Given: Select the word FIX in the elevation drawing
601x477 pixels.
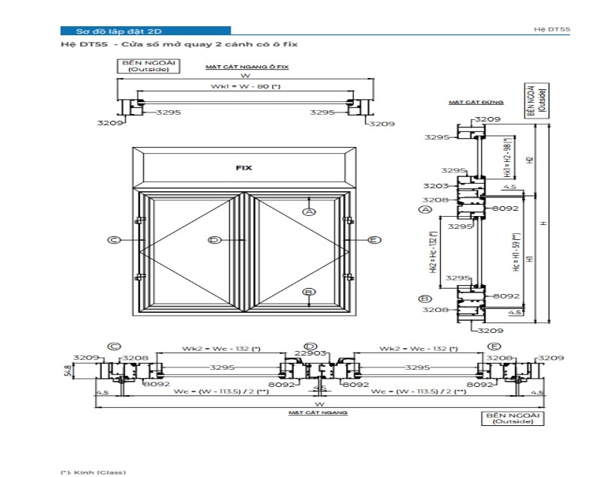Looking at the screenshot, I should [244, 168].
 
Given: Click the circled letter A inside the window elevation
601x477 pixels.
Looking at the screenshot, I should [309, 212].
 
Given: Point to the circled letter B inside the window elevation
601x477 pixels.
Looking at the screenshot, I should [309, 292].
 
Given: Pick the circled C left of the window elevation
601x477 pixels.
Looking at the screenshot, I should [114, 240].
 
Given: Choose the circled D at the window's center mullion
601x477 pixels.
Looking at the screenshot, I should [214, 240].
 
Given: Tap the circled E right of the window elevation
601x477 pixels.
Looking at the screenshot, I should [374, 240].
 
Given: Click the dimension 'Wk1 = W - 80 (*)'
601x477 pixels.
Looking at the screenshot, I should [245, 87].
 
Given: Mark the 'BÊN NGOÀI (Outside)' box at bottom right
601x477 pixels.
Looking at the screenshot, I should [513, 418].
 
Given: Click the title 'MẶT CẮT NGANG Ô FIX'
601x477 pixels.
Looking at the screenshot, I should [247, 67].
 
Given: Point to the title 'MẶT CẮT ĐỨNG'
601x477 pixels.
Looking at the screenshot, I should [465, 101].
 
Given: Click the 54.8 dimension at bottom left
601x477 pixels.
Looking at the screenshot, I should [67, 370].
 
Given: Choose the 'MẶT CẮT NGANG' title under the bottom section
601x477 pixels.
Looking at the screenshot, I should [319, 412].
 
